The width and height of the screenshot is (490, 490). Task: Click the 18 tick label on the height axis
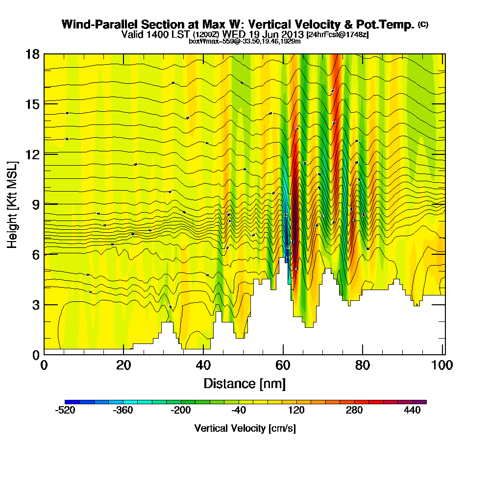point(32,54)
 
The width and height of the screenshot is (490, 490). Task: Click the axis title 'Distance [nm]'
point(245,383)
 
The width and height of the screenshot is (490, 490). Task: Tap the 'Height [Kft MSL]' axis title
point(13,204)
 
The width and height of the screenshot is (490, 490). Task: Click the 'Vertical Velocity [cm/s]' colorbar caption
point(245,428)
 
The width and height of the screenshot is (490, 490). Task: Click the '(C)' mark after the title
point(423,24)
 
